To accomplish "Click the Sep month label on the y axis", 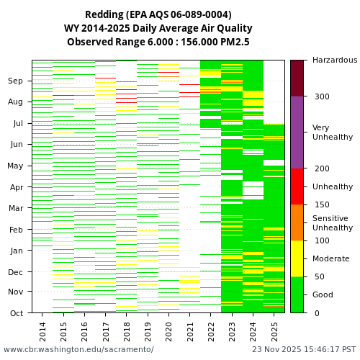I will [x=16, y=81].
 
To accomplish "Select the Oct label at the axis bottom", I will [x=16, y=313].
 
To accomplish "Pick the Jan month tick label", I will [x=16, y=251].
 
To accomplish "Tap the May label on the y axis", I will [x=15, y=166].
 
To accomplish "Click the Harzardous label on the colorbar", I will [x=334, y=60].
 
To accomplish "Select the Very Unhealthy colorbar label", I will [x=333, y=132].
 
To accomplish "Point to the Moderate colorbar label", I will [x=330, y=258].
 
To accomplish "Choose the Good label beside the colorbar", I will [x=323, y=294].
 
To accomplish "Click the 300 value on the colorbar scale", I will [x=321, y=96].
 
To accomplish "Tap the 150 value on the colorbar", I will [x=321, y=204].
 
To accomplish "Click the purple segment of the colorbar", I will [x=297, y=132].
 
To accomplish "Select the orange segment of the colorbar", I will [x=297, y=222].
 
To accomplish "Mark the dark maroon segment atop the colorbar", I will [x=297, y=78].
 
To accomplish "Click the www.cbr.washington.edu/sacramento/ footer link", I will [x=78, y=350].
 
